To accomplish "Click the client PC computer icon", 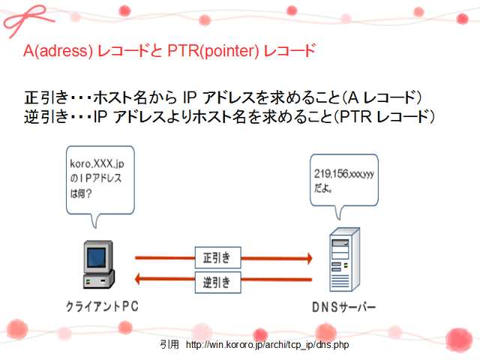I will pyautogui.click(x=97, y=267).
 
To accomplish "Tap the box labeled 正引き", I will pyautogui.click(x=217, y=257).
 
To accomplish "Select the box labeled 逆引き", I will pyautogui.click(x=217, y=283).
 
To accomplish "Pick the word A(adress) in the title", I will pyautogui.click(x=56, y=52).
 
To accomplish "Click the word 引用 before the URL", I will pyautogui.click(x=169, y=345).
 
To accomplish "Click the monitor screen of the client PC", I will pyautogui.click(x=95, y=258).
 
